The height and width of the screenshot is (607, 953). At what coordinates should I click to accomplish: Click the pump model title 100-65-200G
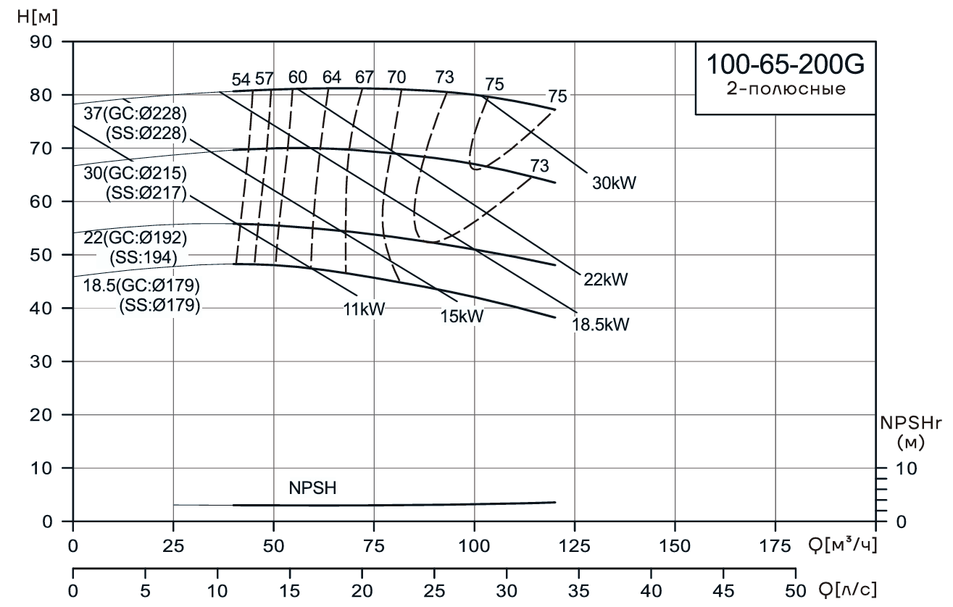click(786, 64)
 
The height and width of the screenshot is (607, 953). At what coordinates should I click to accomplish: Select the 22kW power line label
click(605, 279)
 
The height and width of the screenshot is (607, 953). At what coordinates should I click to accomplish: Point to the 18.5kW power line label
click(601, 325)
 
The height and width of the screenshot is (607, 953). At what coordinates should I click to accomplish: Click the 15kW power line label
click(461, 317)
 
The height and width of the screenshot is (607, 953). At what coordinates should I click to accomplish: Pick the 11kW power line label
click(365, 309)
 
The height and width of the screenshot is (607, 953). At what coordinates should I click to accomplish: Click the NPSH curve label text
click(312, 488)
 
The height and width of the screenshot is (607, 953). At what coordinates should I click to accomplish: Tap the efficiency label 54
click(241, 78)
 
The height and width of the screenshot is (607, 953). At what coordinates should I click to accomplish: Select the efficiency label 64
click(331, 77)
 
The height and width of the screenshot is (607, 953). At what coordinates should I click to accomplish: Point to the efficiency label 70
click(396, 77)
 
